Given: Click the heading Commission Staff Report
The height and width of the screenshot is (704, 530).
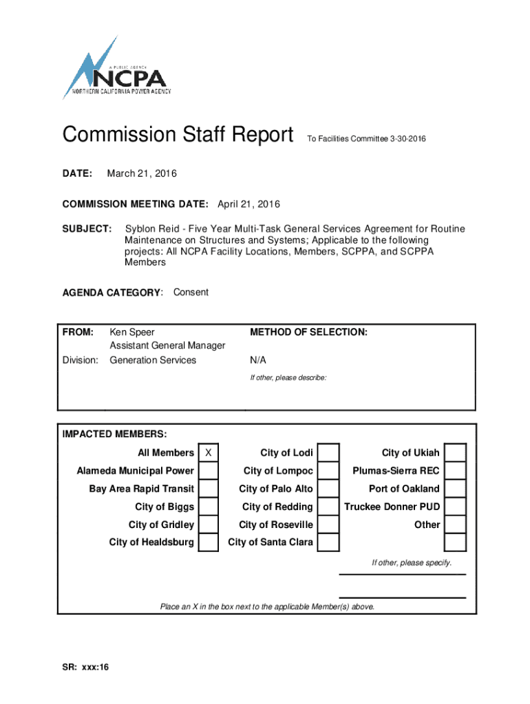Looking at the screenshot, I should [178, 135].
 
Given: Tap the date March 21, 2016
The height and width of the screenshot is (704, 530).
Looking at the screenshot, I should [142, 173].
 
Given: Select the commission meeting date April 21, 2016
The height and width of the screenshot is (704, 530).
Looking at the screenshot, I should [248, 204].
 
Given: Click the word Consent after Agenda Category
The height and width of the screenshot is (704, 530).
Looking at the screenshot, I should [191, 292].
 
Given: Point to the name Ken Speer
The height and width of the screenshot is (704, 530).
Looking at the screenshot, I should [132, 332].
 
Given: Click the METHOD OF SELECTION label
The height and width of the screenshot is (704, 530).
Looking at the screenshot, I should [308, 332].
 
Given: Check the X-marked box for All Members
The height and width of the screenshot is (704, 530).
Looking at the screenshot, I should [209, 453].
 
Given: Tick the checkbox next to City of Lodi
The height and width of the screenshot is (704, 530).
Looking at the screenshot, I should [328, 453].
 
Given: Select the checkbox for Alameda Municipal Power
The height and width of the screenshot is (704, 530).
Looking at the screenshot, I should [209, 471].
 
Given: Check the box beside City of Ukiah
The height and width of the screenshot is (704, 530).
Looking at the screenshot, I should [456, 453].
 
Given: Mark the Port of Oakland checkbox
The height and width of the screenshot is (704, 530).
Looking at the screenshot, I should [456, 489].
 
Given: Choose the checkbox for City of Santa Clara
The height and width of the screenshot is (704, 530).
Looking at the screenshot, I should [328, 542].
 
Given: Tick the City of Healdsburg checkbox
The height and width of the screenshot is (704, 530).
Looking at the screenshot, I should [209, 542].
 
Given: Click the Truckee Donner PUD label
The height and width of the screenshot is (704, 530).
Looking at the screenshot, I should [392, 507].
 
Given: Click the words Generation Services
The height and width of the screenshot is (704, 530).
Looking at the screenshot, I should [153, 360].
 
